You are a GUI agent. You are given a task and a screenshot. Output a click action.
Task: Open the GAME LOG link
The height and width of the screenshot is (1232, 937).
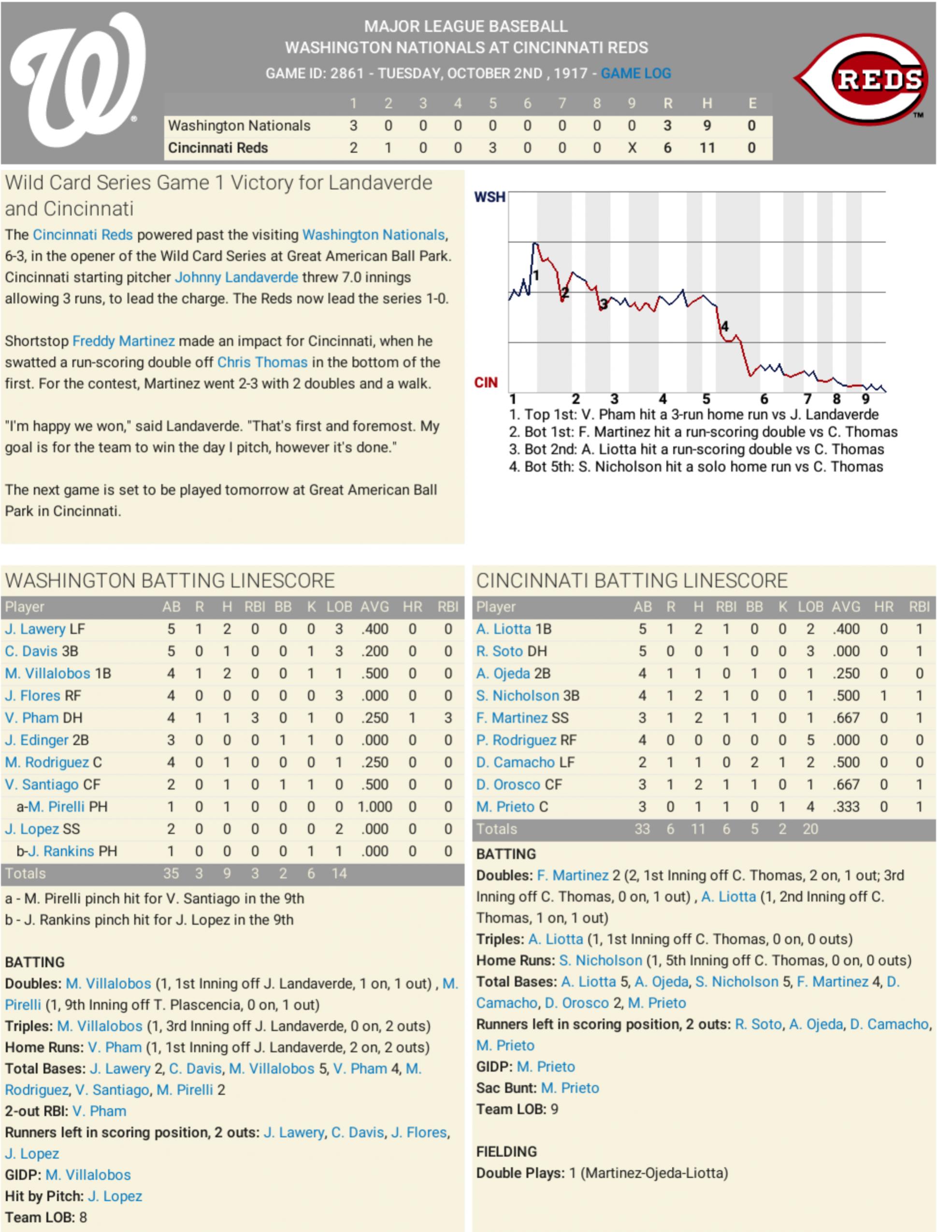635,73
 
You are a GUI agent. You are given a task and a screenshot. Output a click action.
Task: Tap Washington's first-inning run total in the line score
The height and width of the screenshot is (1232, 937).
353,126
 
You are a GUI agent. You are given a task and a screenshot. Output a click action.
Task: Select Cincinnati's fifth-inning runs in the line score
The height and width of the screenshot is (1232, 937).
492,148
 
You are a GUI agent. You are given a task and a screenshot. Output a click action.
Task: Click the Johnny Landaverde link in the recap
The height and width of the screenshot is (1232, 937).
236,277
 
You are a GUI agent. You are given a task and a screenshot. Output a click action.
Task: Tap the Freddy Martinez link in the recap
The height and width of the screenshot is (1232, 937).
123,341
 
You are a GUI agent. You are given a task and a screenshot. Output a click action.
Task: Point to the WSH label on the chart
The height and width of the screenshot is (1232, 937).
489,197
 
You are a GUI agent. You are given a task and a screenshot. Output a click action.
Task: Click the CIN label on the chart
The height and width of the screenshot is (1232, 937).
485,383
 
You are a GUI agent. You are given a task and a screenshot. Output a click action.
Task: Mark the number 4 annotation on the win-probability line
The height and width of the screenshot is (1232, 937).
724,327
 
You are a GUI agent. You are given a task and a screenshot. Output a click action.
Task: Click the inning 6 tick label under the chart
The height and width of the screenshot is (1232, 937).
764,399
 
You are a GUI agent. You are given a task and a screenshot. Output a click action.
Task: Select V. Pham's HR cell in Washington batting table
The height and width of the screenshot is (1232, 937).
412,718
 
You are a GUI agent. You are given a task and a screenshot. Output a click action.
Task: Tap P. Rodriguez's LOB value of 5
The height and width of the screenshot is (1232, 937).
810,740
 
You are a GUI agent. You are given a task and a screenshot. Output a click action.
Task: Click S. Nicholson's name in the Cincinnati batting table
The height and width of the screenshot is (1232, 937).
517,696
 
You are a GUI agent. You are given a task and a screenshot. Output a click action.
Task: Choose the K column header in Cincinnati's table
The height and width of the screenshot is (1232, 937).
782,607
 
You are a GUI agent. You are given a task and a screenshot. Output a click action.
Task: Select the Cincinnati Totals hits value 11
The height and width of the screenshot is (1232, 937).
698,829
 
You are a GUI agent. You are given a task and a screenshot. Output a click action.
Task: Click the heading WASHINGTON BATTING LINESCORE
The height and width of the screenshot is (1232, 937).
170,580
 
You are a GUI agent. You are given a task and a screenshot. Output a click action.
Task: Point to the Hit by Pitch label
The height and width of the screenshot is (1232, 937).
44,1196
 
